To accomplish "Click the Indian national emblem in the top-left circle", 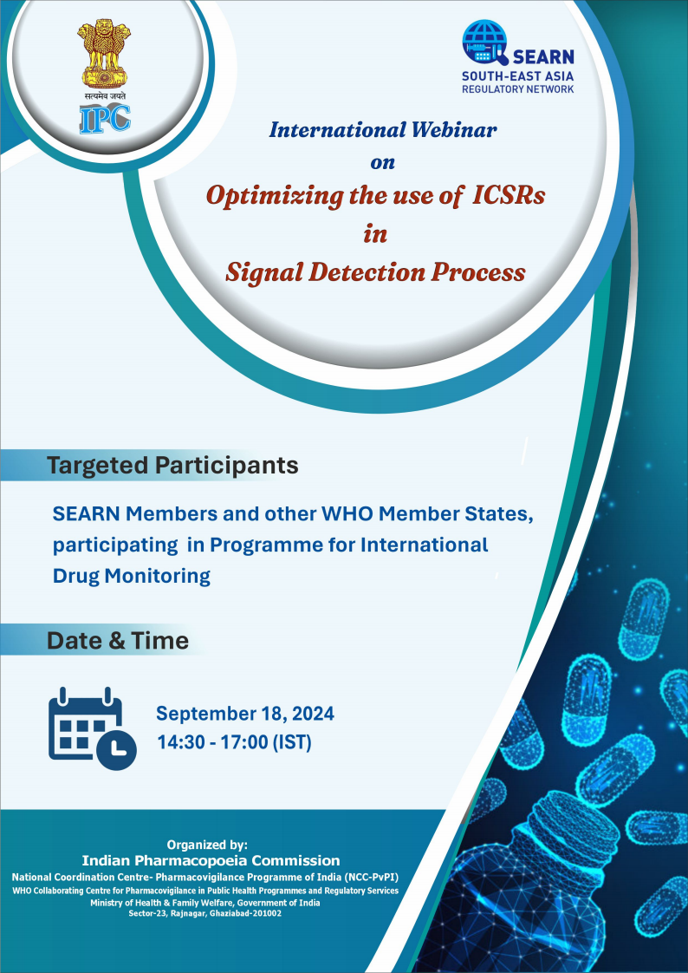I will point(105,53).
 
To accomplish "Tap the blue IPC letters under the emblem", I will point(105,116).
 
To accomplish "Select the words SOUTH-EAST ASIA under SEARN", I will point(517,75).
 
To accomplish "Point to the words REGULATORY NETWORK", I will point(517,89).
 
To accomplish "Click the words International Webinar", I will point(382,130).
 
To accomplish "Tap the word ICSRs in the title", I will point(509,195).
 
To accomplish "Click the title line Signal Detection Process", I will point(375,272).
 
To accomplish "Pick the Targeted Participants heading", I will point(172,465).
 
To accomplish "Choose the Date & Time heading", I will point(117,641).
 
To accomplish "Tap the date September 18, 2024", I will point(244,715).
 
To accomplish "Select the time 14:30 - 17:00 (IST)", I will point(234,742).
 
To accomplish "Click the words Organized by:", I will point(207,844).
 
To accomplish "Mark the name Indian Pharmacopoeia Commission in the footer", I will point(211,860).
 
